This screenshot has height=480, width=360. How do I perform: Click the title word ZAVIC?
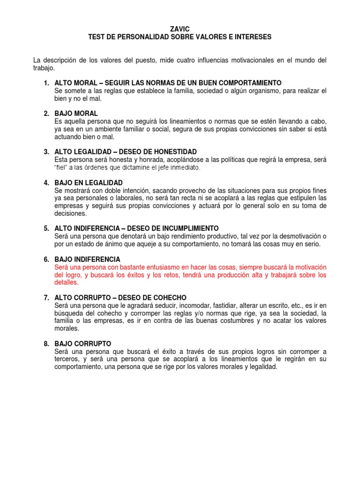point(180,29)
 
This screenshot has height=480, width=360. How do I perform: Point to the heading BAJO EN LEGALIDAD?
point(89,182)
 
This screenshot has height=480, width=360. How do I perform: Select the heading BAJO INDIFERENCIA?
point(88,259)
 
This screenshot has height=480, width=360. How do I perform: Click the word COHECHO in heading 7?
point(167,298)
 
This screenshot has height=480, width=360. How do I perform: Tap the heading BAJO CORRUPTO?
point(83,344)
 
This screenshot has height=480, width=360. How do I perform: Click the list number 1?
point(46,83)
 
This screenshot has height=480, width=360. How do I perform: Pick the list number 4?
point(46,182)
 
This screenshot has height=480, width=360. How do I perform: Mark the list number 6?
point(46,259)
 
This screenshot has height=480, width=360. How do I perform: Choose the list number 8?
point(46,344)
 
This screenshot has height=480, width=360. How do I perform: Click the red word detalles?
point(66,283)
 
